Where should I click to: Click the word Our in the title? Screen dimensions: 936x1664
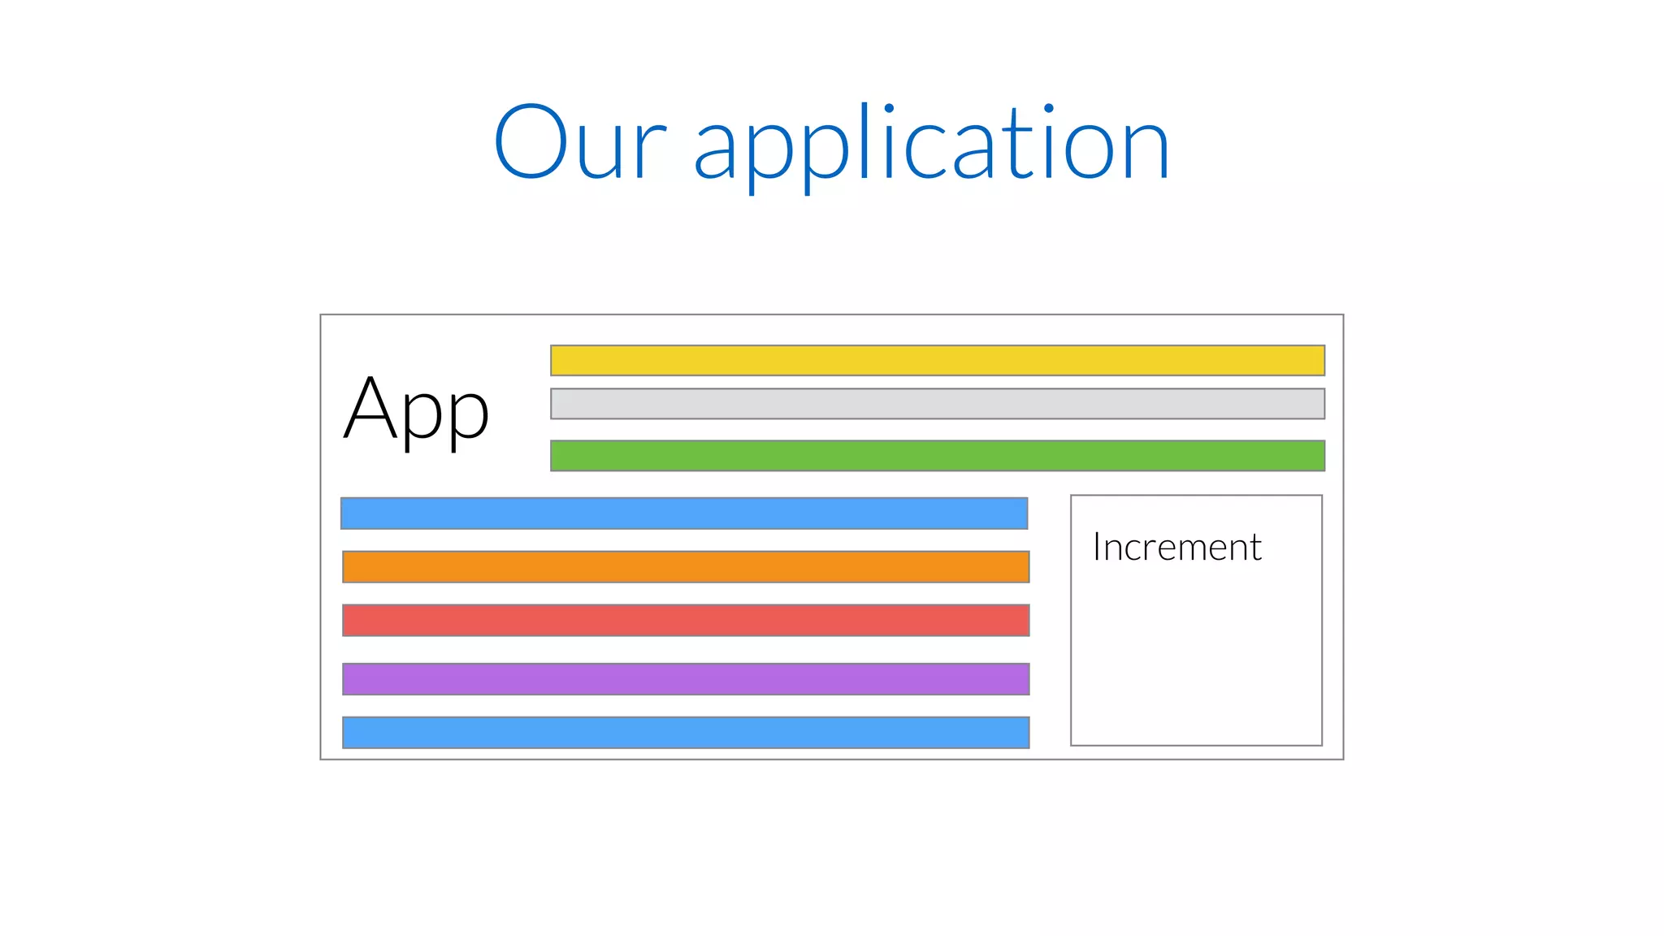[580, 143]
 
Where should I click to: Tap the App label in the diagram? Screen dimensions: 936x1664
[416, 409]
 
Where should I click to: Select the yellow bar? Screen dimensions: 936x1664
[937, 361]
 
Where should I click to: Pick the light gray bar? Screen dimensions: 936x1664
[937, 404]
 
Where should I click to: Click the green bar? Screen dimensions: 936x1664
[937, 456]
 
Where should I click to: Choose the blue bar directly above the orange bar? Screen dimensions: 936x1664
[684, 513]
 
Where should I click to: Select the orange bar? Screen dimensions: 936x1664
[686, 567]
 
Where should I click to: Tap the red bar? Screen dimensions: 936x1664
[686, 621]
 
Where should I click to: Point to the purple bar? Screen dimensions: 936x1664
[686, 679]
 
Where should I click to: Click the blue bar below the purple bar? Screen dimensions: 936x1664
[686, 733]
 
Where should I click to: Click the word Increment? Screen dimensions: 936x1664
[1176, 547]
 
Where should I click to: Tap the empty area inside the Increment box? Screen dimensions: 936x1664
[1196, 658]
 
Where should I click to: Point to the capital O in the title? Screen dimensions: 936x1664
[530, 141]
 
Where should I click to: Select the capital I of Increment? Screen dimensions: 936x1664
[1097, 547]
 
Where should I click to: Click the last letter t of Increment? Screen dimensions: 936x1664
[1254, 548]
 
